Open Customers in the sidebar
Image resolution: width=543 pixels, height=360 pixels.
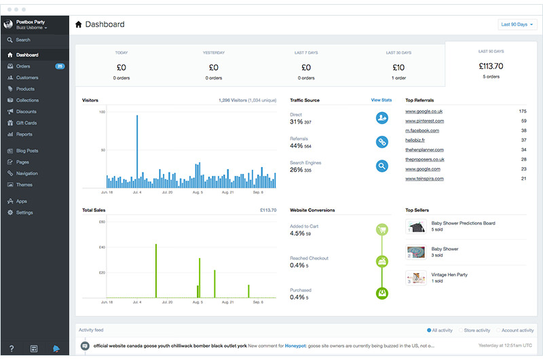pos(27,77)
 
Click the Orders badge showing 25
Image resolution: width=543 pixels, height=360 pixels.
pos(60,67)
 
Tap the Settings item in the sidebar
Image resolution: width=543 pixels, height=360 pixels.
pos(24,213)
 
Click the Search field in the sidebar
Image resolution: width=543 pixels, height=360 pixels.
pos(23,40)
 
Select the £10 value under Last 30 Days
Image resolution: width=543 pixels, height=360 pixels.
pos(399,67)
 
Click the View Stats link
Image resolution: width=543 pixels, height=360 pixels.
pos(381,100)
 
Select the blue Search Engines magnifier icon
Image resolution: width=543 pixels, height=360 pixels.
pos(382,166)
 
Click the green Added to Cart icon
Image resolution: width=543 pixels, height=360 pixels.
pos(382,230)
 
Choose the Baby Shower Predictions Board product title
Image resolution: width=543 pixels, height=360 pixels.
pos(463,223)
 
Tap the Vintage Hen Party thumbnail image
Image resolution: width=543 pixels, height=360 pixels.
pos(415,278)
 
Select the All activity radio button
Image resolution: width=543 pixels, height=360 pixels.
pos(429,330)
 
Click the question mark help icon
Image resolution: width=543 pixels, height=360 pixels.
pos(12,348)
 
